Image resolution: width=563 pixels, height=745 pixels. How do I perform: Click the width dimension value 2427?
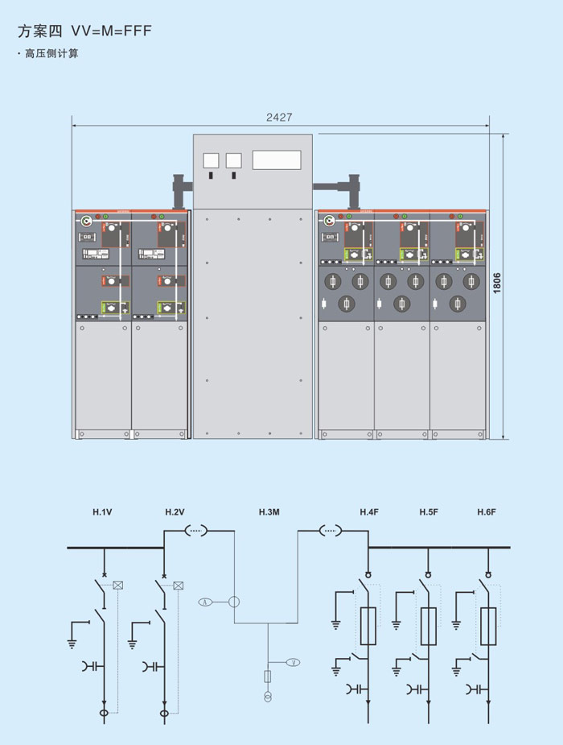click(x=279, y=117)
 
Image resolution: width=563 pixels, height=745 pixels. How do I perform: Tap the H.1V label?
click(x=102, y=512)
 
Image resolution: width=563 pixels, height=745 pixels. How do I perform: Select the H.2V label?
click(x=175, y=512)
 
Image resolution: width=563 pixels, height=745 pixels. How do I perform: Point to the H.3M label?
click(x=269, y=512)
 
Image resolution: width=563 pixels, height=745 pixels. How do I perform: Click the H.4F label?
click(x=369, y=512)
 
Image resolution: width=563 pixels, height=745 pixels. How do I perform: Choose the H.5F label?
click(x=428, y=512)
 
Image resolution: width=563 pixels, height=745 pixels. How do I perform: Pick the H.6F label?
click(x=487, y=512)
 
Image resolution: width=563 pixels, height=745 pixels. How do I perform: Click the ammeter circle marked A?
click(x=205, y=602)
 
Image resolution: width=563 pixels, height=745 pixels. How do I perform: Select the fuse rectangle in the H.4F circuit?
click(x=369, y=627)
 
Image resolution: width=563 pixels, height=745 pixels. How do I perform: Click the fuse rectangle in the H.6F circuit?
click(x=487, y=627)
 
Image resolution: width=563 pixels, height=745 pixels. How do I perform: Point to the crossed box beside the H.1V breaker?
click(x=118, y=586)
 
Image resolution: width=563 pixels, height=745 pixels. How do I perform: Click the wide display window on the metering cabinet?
click(x=276, y=159)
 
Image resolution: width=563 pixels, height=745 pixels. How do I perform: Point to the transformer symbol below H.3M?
click(x=268, y=697)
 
